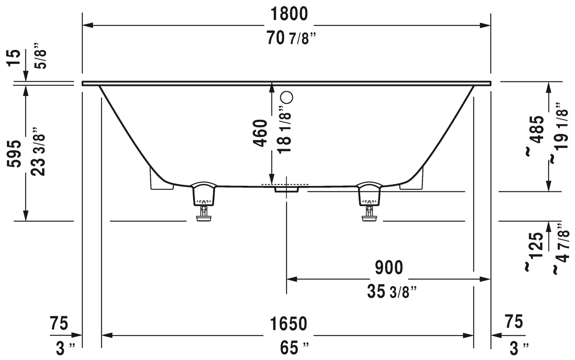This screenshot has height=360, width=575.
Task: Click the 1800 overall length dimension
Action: pos(289,14)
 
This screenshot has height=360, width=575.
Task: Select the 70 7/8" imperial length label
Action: pos(292,38)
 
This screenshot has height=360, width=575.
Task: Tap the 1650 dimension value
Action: pos(288,324)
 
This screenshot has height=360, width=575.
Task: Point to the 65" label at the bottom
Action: pos(294,348)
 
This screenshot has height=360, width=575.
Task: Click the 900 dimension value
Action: pos(389,268)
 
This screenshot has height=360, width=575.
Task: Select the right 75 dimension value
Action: pos(514,322)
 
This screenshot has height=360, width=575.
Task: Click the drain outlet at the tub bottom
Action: pos(286,189)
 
